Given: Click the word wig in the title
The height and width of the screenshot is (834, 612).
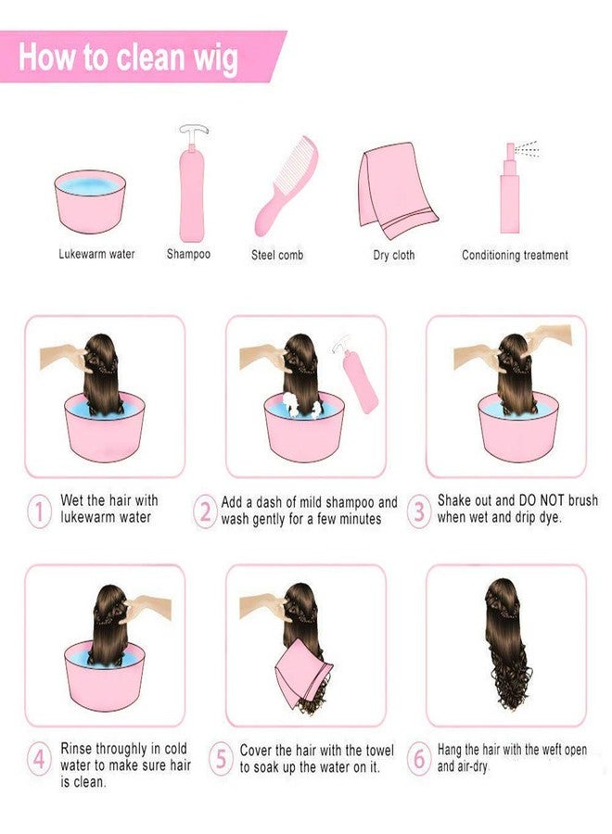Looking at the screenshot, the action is (215, 59).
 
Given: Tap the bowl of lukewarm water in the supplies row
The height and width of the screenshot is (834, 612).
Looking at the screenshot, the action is (90, 201).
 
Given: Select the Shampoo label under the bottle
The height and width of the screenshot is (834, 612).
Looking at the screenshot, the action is (188, 254).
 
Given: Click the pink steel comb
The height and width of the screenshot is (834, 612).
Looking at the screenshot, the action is (287, 185).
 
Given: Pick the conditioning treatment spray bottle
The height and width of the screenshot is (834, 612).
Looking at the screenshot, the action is (510, 192).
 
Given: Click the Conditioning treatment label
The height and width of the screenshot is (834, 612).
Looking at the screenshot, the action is (515, 256).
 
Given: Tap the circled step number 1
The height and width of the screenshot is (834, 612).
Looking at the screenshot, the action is (39, 512).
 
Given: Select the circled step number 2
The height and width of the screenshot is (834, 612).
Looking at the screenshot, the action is (205, 512).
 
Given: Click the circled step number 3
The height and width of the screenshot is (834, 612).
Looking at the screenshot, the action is (419, 512).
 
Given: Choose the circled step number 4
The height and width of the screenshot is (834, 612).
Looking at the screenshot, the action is (39, 759).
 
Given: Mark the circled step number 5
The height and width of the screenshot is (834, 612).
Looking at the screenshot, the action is (221, 758).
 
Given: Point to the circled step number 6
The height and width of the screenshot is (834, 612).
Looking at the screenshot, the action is (419, 759).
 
